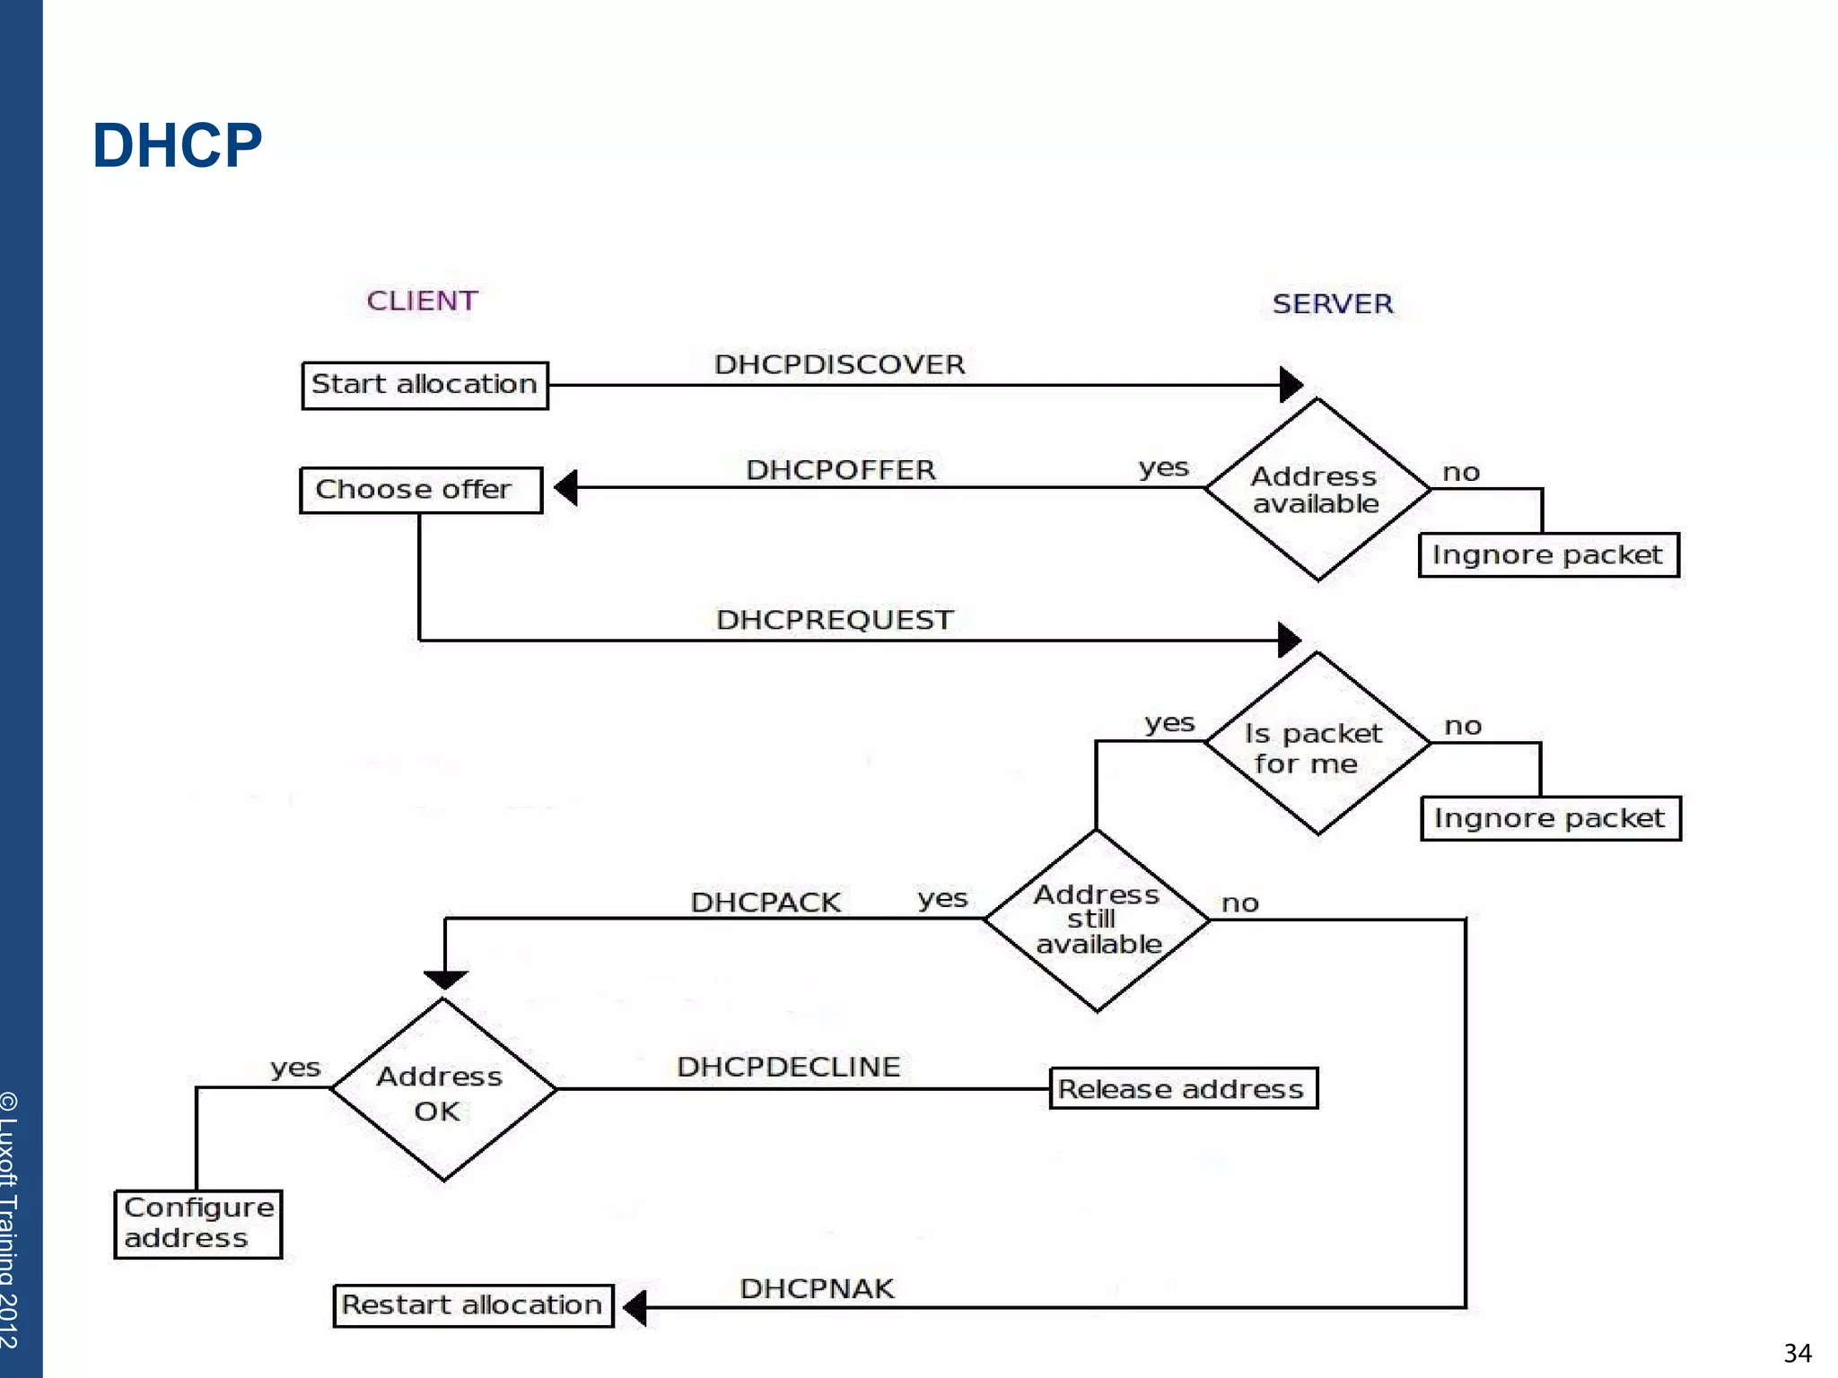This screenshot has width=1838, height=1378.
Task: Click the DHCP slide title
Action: click(x=177, y=145)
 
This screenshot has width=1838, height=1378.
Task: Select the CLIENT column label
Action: click(x=422, y=301)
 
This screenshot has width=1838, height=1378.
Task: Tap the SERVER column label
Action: click(x=1333, y=304)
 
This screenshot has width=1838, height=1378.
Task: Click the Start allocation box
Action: click(x=424, y=385)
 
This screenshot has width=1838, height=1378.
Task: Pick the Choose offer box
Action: click(x=420, y=490)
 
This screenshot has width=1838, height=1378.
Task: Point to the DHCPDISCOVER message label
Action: click(x=839, y=364)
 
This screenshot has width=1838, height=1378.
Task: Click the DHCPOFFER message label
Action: click(x=841, y=469)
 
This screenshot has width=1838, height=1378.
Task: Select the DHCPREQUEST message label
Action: click(x=835, y=620)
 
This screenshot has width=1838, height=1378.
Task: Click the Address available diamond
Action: click(x=1317, y=490)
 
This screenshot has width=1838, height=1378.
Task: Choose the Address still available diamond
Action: click(x=1097, y=920)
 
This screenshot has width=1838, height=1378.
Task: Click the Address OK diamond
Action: click(x=442, y=1090)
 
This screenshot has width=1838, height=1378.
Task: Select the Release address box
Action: click(x=1183, y=1088)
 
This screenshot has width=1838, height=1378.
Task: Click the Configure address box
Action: click(x=197, y=1224)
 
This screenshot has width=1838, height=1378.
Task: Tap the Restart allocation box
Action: click(x=473, y=1305)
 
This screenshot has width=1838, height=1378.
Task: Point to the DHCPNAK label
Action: click(x=817, y=1289)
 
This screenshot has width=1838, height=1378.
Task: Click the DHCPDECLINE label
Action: click(x=788, y=1067)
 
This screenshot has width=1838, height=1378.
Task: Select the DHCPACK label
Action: click(x=766, y=903)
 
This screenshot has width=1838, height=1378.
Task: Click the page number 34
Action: click(x=1797, y=1353)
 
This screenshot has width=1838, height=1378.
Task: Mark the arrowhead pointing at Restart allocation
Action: click(x=635, y=1308)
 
